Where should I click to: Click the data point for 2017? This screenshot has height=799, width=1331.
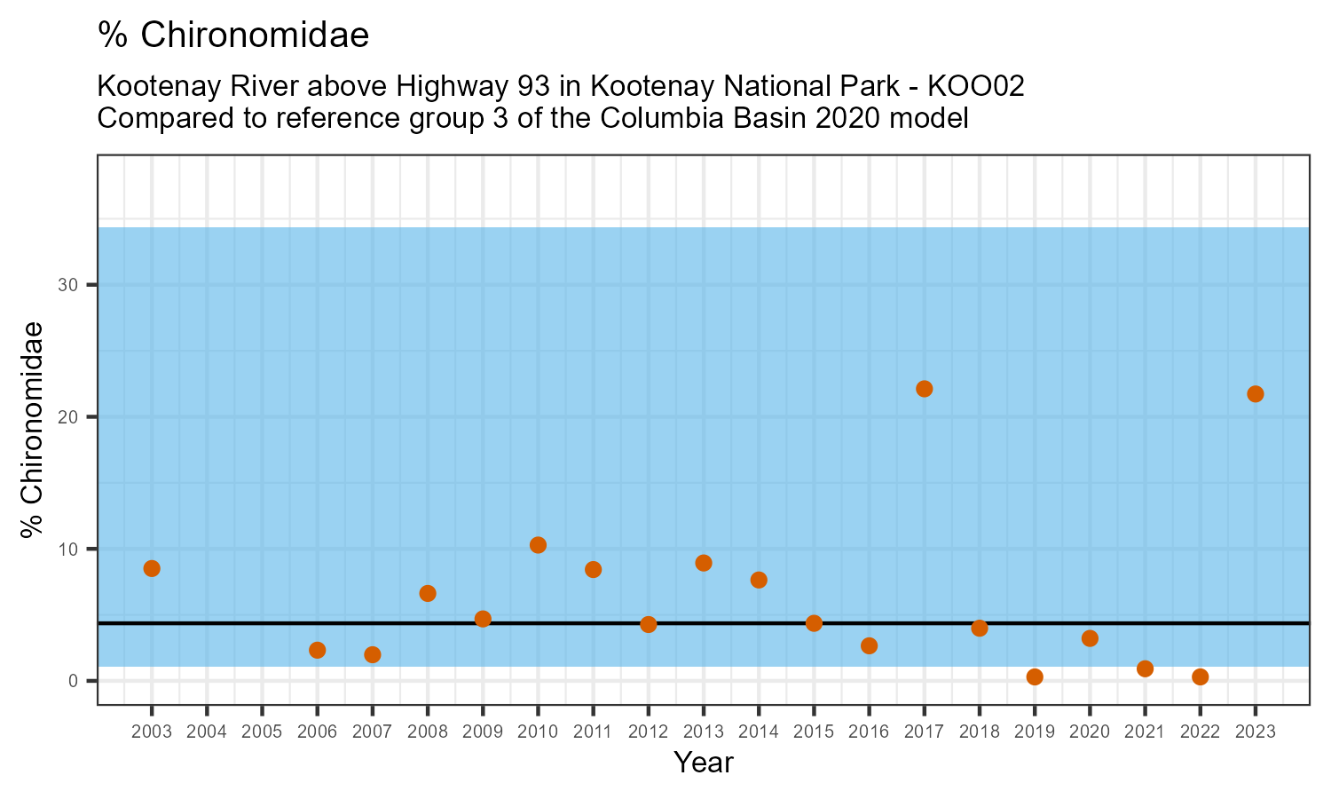(924, 389)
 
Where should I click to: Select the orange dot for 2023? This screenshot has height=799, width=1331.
(1256, 394)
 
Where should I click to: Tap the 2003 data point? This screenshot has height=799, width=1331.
(152, 568)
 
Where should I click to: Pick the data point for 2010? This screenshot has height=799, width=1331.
(538, 545)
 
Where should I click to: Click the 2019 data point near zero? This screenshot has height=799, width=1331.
(1035, 676)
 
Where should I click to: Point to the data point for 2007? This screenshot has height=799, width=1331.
(373, 654)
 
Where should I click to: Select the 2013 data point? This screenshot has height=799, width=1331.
(704, 563)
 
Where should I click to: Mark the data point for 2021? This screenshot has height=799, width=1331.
(1145, 668)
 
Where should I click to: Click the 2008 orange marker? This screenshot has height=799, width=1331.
(428, 593)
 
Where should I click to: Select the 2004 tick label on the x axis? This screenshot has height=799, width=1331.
(207, 732)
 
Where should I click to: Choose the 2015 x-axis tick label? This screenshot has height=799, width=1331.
(814, 732)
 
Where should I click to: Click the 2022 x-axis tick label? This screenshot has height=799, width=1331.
(1200, 732)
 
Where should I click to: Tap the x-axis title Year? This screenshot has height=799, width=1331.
(704, 763)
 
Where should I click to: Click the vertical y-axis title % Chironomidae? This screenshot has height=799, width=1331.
(33, 430)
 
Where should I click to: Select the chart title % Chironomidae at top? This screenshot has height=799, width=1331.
(233, 36)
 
